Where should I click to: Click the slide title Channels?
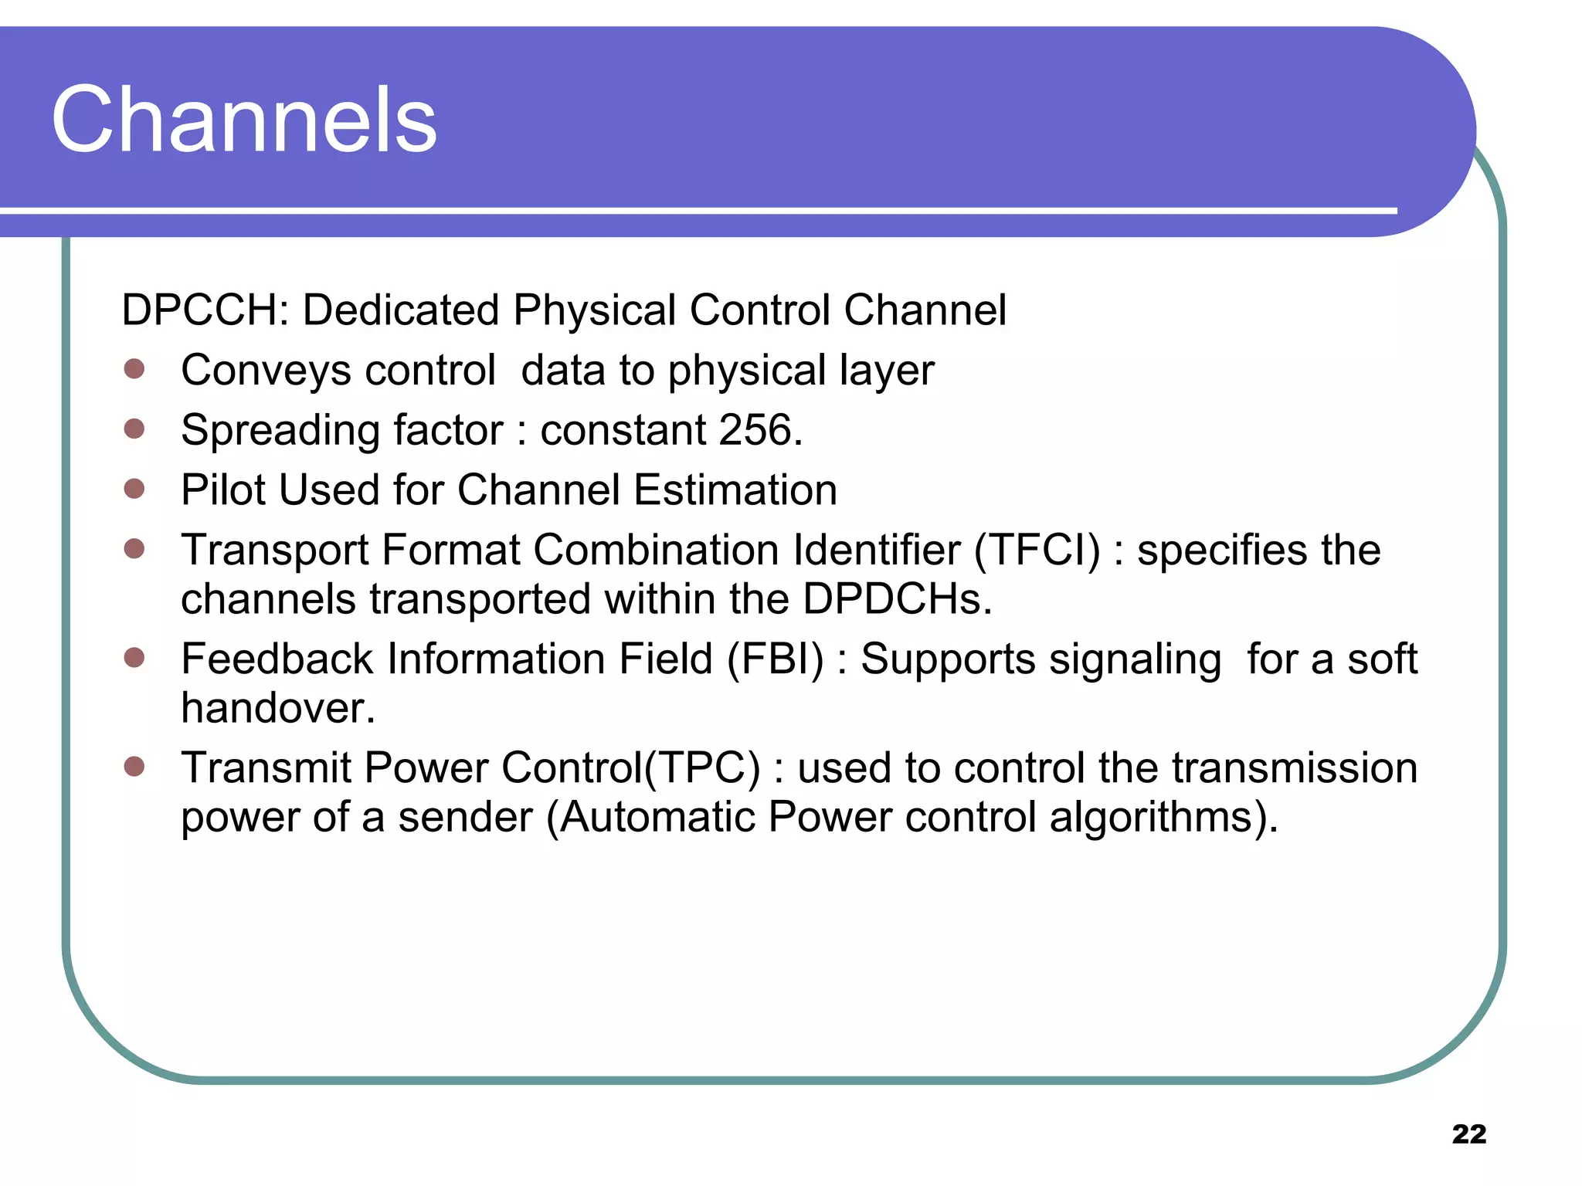pyautogui.click(x=244, y=120)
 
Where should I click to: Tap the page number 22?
pyautogui.click(x=1468, y=1133)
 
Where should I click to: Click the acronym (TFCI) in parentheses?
pyautogui.click(x=1037, y=551)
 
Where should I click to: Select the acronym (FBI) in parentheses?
pyautogui.click(x=776, y=659)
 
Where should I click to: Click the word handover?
pyautogui.click(x=277, y=708)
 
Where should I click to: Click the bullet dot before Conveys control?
pyautogui.click(x=134, y=368)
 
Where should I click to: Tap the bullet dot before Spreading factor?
pyautogui.click(x=134, y=429)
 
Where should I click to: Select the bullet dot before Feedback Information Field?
pyautogui.click(x=134, y=657)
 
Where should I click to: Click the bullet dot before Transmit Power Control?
pyautogui.click(x=134, y=766)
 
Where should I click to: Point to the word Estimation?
pyautogui.click(x=735, y=490)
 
